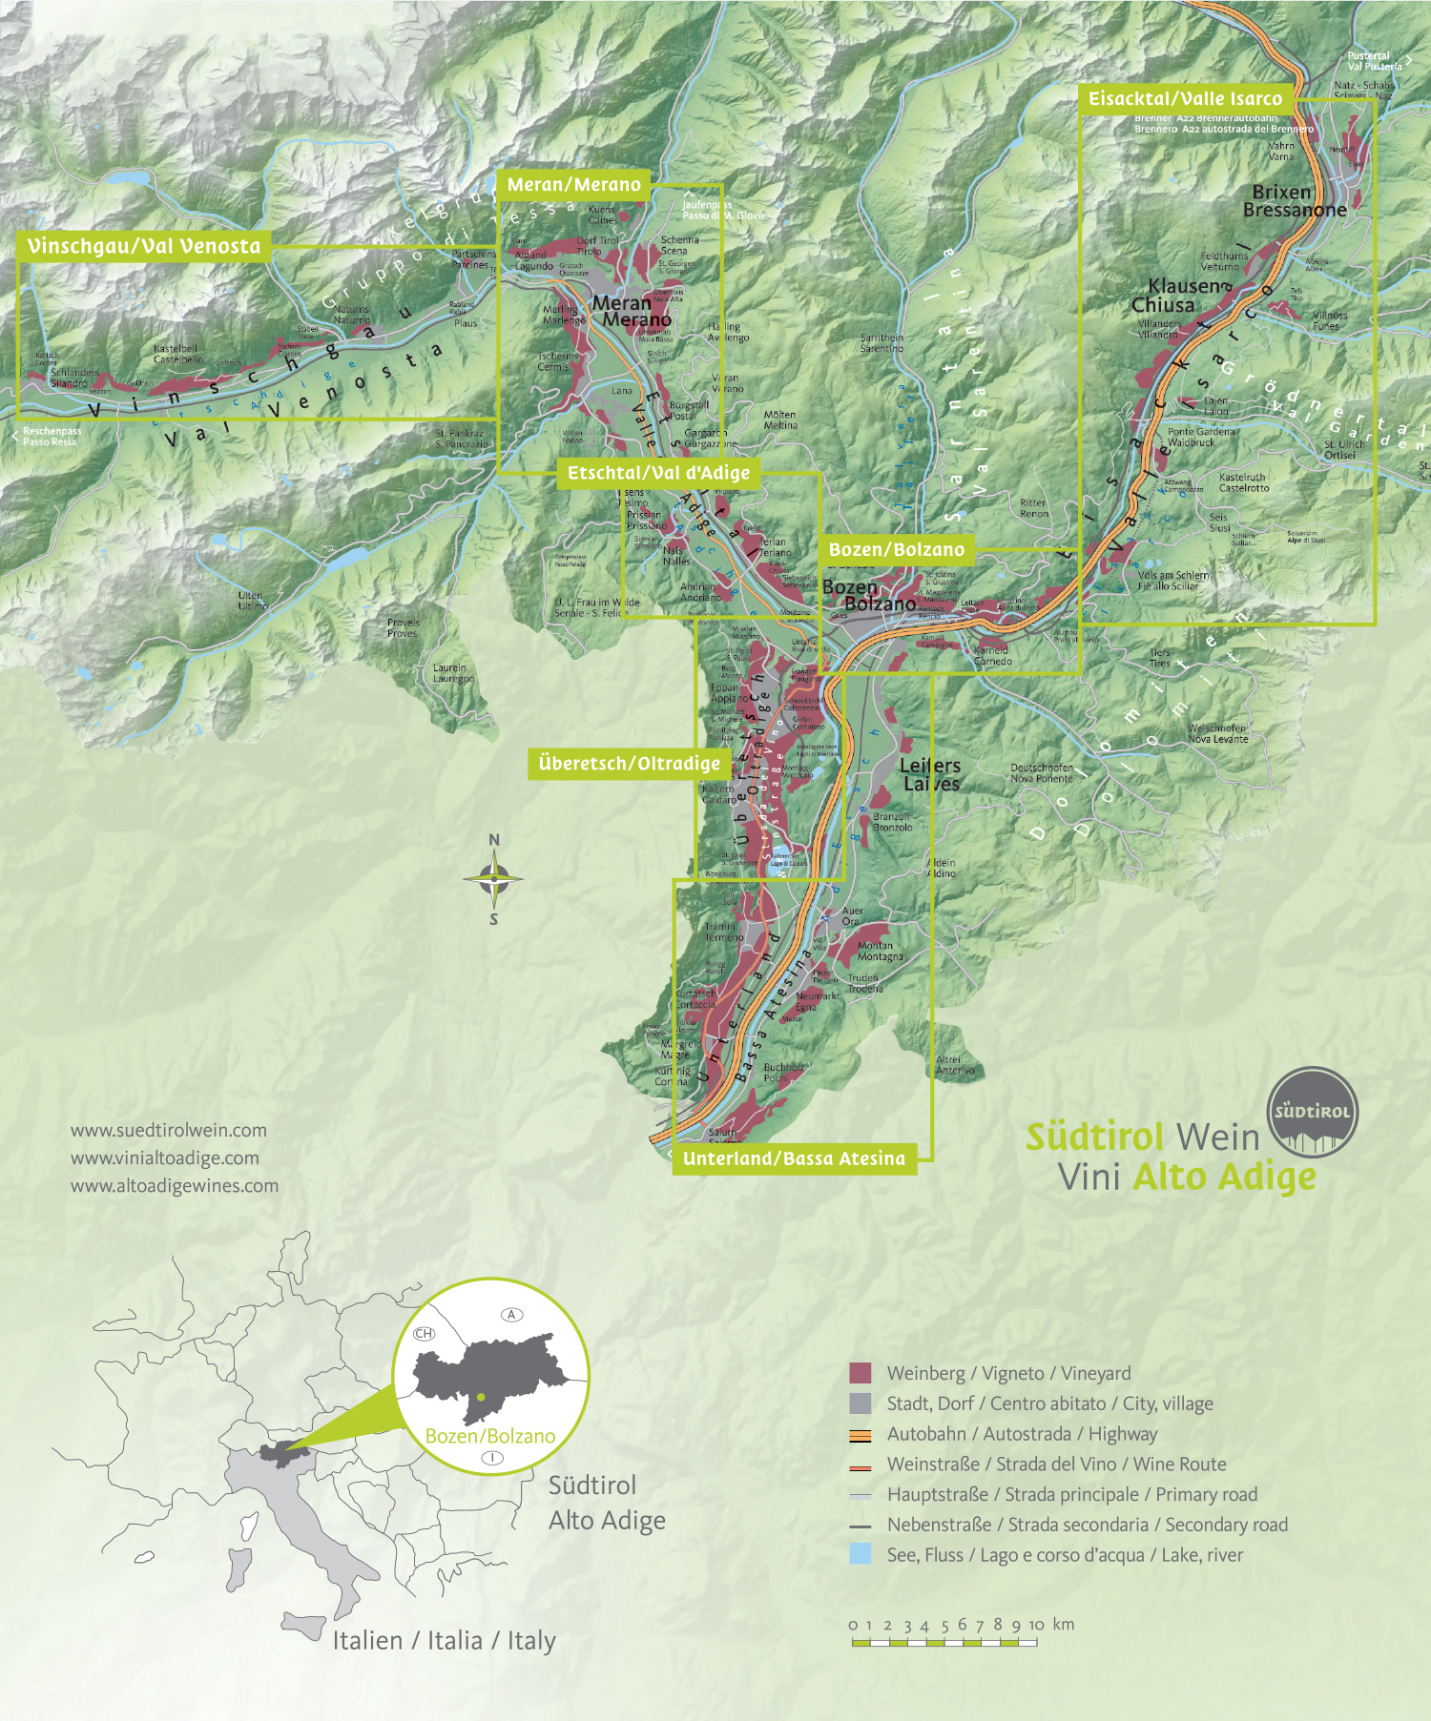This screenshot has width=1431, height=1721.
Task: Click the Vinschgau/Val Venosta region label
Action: point(143,246)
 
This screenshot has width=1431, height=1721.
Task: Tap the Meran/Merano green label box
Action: point(573,185)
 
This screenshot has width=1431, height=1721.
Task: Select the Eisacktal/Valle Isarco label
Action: point(1185,98)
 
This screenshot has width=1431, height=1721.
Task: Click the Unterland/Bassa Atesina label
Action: point(794,1158)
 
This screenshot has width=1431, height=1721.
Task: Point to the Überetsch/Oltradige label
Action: point(629,764)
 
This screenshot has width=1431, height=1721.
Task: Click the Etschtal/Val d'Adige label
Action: point(658,473)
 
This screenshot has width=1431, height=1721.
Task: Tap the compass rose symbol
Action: point(493,879)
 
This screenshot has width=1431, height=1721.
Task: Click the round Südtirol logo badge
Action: point(1313,1111)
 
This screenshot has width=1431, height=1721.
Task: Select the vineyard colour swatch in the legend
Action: point(860,1373)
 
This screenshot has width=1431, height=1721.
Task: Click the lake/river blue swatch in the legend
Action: point(860,1554)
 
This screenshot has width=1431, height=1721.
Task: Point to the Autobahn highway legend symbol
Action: point(860,1435)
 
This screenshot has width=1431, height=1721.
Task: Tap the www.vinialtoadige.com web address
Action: point(164,1158)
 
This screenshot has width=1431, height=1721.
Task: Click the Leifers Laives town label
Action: point(930,774)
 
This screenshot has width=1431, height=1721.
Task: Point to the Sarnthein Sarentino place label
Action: point(881,342)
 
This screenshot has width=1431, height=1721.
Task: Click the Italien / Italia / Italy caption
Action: point(444,1640)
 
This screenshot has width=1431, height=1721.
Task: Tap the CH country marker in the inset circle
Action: point(424,1333)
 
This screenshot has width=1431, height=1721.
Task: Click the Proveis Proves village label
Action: point(403,627)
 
